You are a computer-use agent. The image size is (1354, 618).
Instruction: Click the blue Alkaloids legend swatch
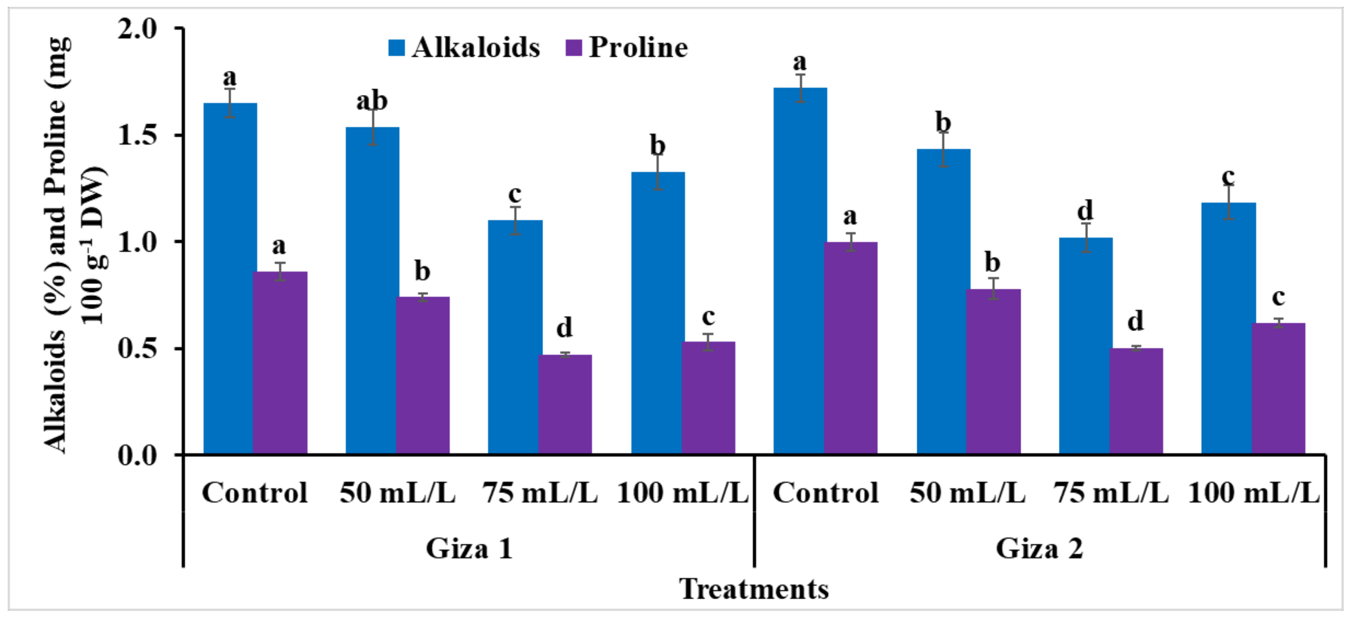click(396, 48)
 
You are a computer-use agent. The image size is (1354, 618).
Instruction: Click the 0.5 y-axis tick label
click(138, 348)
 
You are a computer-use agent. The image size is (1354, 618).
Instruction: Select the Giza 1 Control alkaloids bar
click(229, 279)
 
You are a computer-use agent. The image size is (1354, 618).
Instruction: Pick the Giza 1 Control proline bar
click(280, 363)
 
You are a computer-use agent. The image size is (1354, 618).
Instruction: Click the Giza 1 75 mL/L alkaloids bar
click(515, 336)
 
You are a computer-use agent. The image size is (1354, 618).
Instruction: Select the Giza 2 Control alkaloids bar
click(799, 271)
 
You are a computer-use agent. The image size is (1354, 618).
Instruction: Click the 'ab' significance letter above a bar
click(372, 101)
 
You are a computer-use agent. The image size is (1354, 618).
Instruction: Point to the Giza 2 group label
click(1039, 549)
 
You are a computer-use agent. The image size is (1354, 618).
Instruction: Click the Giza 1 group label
click(469, 549)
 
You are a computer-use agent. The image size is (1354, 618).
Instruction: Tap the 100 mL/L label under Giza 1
click(682, 493)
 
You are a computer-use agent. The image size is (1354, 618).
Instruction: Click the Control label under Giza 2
click(825, 493)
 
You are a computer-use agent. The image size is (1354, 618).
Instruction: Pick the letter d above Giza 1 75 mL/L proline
click(564, 327)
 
